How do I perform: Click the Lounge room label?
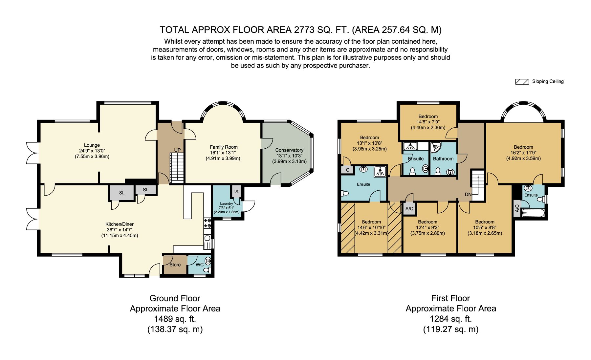(x=92, y=145)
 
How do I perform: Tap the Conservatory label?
(x=289, y=150)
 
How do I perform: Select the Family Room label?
(x=224, y=147)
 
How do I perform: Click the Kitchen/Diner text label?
(x=120, y=224)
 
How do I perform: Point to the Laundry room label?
(x=227, y=203)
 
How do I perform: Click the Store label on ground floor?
(x=175, y=265)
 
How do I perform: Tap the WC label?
(x=200, y=265)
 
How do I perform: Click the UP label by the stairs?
(x=177, y=150)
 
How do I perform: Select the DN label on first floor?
(x=468, y=194)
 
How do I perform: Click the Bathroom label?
(x=443, y=159)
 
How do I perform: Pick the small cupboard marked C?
(x=348, y=170)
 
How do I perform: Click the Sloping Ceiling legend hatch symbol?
(x=522, y=82)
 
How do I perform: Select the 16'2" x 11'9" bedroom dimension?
(x=523, y=153)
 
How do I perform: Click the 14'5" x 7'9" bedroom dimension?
(x=428, y=122)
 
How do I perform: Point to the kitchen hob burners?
(x=208, y=223)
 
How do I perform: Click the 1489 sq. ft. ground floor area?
(x=175, y=319)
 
